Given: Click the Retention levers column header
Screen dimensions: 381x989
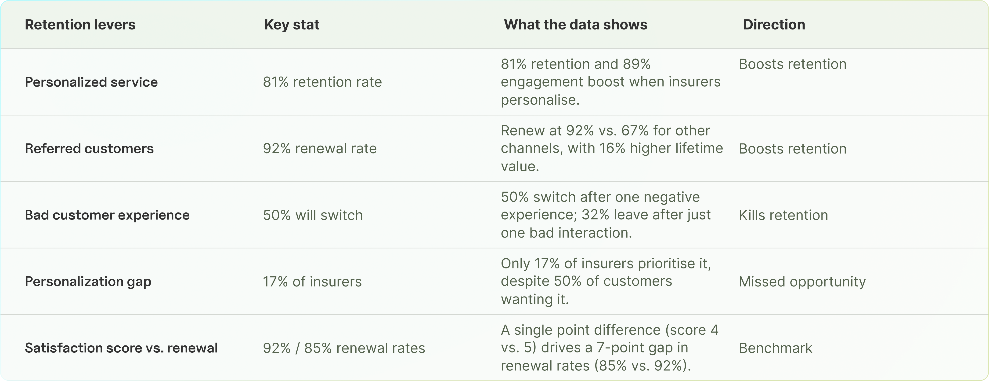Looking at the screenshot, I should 80,25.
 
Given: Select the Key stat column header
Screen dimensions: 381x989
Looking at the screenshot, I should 291,25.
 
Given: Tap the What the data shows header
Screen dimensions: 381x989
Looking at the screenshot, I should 575,25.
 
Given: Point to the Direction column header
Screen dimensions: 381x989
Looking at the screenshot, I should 774,25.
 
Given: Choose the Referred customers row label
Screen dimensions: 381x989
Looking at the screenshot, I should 89,148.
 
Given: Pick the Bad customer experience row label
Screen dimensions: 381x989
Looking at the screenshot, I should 107,215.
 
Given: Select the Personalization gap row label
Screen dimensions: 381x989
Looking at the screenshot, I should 88,282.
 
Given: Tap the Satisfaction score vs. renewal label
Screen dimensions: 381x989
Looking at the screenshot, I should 121,348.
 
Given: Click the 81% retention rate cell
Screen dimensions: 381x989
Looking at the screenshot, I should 322,82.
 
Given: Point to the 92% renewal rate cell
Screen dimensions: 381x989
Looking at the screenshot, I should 319,148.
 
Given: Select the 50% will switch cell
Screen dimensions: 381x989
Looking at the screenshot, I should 313,215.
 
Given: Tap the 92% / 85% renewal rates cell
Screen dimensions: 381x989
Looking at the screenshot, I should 344,348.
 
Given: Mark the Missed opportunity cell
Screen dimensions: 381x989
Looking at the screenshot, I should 802,282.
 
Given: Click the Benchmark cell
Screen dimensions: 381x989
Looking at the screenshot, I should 775,348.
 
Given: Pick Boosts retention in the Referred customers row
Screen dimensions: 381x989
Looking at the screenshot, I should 792,148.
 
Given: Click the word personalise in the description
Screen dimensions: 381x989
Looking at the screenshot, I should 539,100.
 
